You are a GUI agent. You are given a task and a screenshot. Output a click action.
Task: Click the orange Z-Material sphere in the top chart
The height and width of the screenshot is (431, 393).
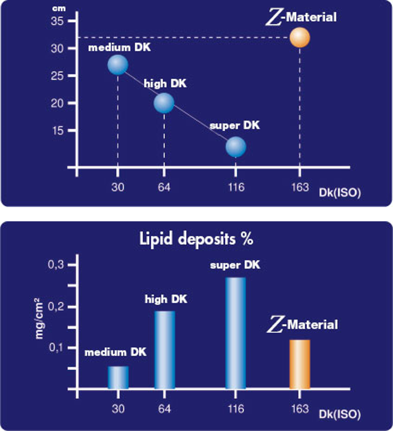click(x=300, y=38)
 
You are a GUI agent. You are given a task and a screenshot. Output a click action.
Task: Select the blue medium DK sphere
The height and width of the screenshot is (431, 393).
click(x=118, y=65)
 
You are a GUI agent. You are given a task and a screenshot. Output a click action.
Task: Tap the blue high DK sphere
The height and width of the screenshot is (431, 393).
click(x=164, y=103)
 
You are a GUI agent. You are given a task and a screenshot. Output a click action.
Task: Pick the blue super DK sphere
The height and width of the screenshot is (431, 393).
click(x=236, y=147)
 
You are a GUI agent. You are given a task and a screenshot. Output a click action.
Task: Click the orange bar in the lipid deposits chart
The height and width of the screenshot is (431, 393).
click(x=300, y=364)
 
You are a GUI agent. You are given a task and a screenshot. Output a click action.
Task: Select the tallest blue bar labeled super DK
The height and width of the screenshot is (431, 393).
click(x=235, y=333)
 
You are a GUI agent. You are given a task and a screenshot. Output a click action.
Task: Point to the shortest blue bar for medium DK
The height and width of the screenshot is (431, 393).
click(x=118, y=377)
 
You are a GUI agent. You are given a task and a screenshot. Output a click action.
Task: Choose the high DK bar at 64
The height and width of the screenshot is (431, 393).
click(x=165, y=350)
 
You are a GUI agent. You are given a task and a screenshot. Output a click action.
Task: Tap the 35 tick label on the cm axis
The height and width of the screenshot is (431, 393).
click(x=57, y=21)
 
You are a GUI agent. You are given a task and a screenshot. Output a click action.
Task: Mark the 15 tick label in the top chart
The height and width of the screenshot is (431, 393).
click(x=58, y=131)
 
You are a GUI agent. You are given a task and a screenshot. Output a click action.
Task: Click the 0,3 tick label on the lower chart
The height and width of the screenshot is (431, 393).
click(x=56, y=265)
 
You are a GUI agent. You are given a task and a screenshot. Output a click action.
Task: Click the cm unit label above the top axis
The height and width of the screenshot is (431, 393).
click(x=59, y=8)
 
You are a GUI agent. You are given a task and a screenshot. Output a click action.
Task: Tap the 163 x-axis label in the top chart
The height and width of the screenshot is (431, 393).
click(x=300, y=187)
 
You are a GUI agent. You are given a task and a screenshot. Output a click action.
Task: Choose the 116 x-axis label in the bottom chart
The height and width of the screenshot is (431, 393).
click(x=236, y=409)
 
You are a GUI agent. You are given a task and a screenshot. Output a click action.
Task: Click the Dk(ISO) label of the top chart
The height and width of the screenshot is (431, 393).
click(x=340, y=193)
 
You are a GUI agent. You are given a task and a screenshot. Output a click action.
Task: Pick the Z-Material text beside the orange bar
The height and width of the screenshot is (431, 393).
click(x=302, y=325)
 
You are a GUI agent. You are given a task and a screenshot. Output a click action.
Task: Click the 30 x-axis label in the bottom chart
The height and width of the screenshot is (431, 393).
click(x=118, y=409)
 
